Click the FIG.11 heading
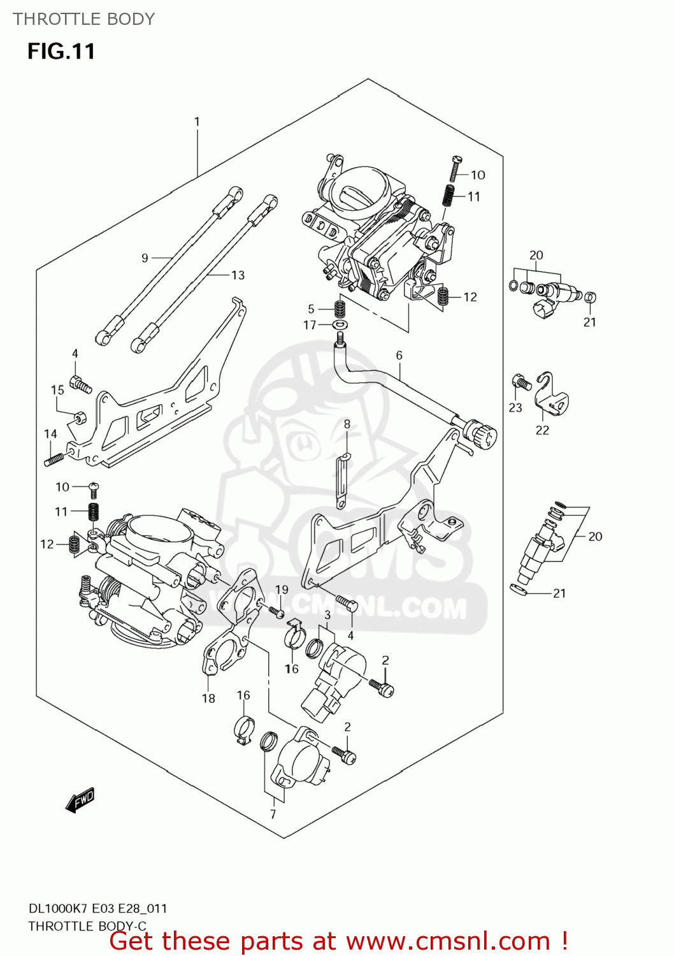(x=61, y=51)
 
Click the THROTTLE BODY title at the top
(x=83, y=19)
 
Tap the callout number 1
(x=197, y=121)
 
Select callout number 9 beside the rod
(x=145, y=257)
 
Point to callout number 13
(x=238, y=275)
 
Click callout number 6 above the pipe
(x=399, y=355)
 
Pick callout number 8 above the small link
(x=347, y=424)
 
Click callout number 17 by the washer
(x=310, y=325)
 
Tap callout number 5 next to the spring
(x=311, y=309)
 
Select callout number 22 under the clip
(x=542, y=430)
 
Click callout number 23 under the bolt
(x=515, y=408)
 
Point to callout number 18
(x=208, y=699)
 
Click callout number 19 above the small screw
(x=282, y=590)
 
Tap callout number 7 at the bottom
(x=273, y=814)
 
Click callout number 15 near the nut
(x=57, y=389)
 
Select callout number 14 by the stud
(x=50, y=433)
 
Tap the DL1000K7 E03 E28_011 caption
(x=97, y=908)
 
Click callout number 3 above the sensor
(x=327, y=615)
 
